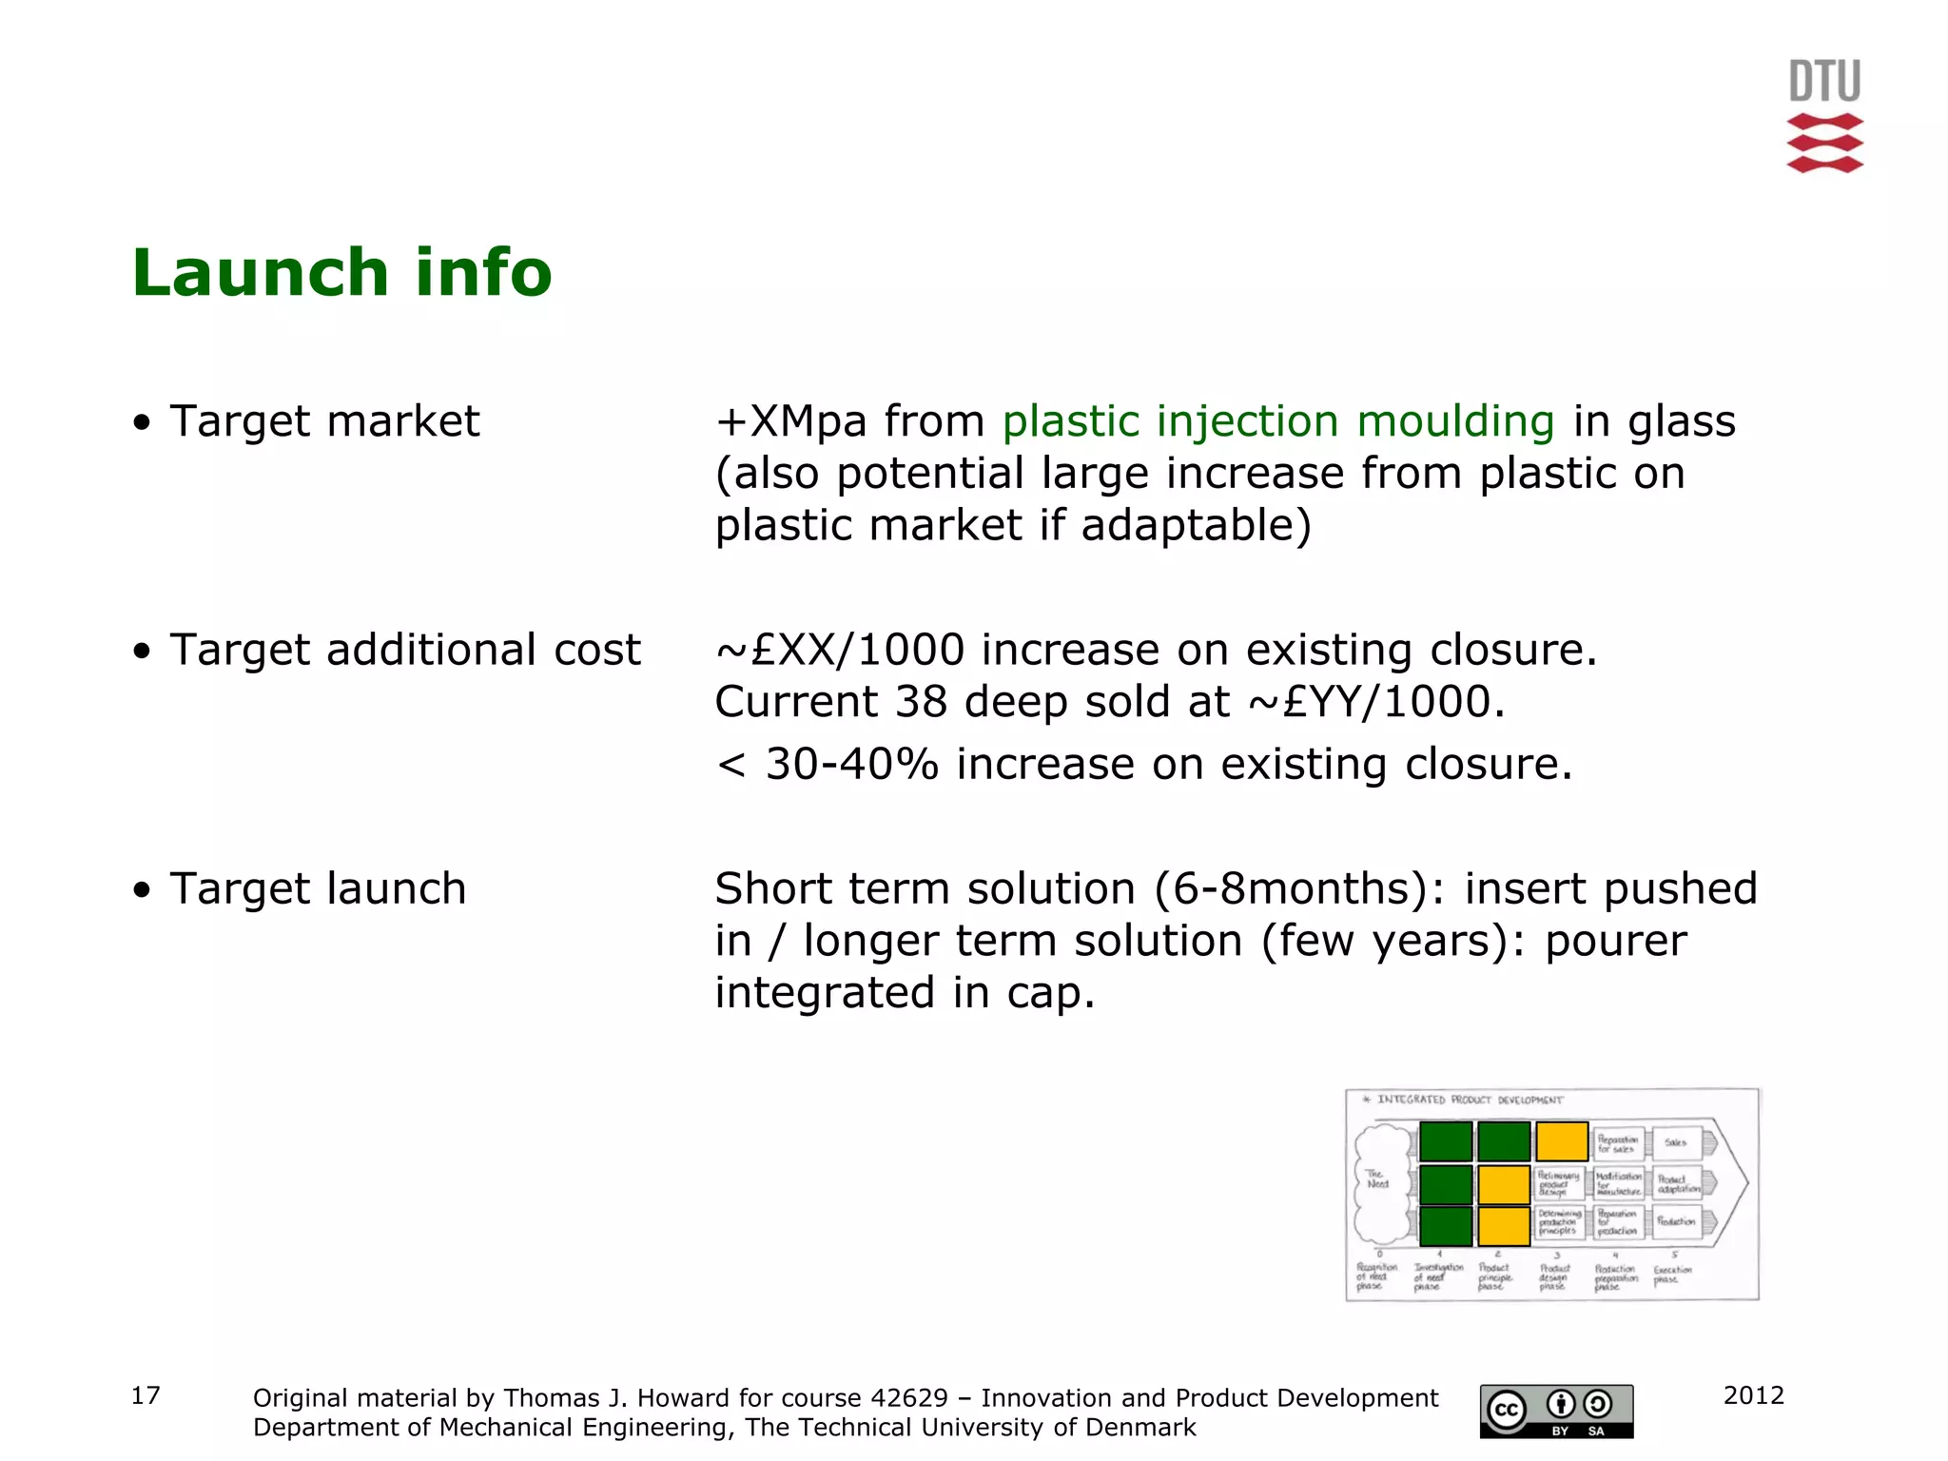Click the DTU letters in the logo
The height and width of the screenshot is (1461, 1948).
point(1824,82)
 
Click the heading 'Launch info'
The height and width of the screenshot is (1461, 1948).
point(341,274)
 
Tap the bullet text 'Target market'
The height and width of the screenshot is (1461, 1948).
point(324,421)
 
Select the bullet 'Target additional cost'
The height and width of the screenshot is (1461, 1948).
point(405,651)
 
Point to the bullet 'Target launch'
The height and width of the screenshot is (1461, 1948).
point(318,889)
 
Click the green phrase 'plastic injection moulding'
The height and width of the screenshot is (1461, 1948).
point(1278,421)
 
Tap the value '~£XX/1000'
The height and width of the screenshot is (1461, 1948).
point(840,651)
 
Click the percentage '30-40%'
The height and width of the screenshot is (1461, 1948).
point(851,765)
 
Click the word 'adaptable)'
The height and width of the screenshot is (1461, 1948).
point(1196,526)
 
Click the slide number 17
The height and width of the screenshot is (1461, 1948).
point(145,1395)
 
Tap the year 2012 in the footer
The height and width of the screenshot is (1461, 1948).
point(1753,1395)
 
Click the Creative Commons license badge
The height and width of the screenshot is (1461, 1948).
point(1556,1411)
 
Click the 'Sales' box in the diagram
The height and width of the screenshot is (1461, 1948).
point(1676,1142)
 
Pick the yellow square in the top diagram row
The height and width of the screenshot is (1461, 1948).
point(1562,1141)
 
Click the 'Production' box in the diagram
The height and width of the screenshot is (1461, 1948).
point(1676,1222)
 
